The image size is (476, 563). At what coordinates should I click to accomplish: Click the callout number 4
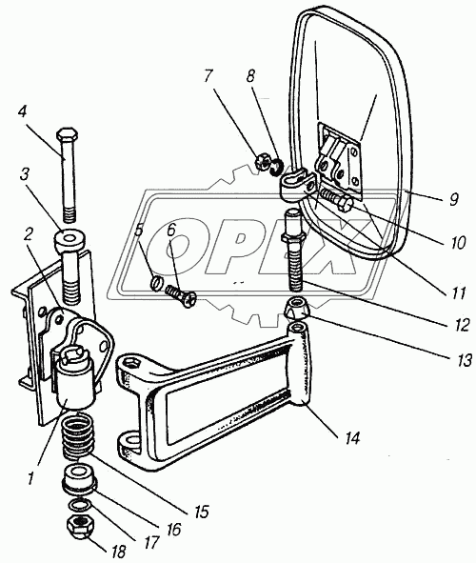[x=22, y=111]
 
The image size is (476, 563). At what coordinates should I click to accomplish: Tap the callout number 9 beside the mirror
[x=453, y=198]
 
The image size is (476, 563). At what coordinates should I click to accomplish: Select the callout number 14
[x=352, y=437]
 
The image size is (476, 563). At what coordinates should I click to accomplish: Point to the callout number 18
[x=118, y=552]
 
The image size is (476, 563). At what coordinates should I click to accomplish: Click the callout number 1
[x=30, y=478]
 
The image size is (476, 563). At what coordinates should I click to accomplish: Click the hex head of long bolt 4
[x=67, y=134]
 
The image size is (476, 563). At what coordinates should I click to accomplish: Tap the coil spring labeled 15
[x=78, y=435]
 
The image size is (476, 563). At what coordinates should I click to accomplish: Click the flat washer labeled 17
[x=80, y=506]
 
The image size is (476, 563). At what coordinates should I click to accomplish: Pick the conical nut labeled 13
[x=297, y=308]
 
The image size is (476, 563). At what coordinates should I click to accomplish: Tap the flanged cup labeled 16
[x=79, y=478]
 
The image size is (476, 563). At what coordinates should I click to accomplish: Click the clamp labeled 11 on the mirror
[x=297, y=185]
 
